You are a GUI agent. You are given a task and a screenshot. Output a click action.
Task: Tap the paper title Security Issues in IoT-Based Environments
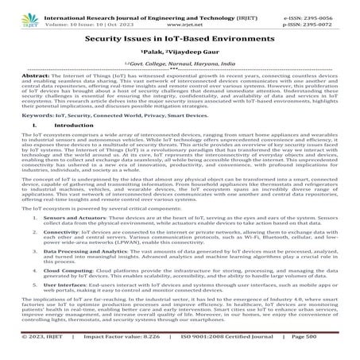click(180, 37)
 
